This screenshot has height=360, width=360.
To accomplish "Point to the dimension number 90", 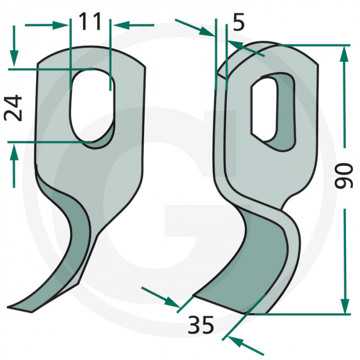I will [x=346, y=175].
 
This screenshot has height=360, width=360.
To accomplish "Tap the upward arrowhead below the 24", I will [x=14, y=151].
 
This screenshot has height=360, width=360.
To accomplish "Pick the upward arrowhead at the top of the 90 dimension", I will [x=344, y=51].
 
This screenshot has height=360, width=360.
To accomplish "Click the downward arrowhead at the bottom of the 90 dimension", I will [x=344, y=307].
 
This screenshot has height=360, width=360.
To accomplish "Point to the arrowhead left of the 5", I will [x=208, y=32].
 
